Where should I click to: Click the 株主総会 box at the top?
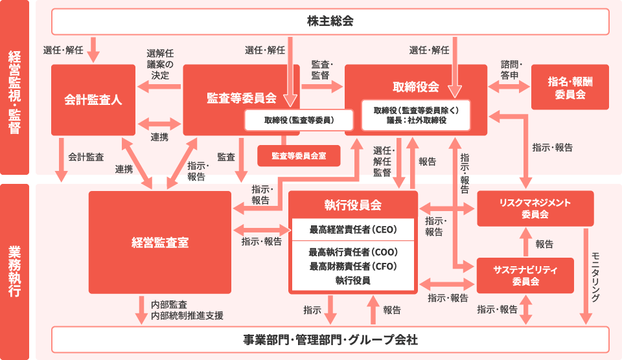tap(330, 21)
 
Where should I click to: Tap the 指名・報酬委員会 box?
tap(570, 87)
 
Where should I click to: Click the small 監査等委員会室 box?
tap(299, 155)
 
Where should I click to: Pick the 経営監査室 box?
tap(159, 243)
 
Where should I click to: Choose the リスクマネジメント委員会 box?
tap(535, 208)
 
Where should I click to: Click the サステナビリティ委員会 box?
tap(525, 275)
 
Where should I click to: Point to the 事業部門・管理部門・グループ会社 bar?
tap(330, 339)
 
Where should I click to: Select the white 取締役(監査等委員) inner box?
tap(299, 120)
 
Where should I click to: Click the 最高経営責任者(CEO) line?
tap(352, 229)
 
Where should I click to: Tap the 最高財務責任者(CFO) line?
tap(352, 266)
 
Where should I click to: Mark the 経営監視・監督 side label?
tap(14, 87)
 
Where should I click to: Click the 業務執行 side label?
tap(14, 271)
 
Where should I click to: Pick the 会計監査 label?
tap(86, 157)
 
